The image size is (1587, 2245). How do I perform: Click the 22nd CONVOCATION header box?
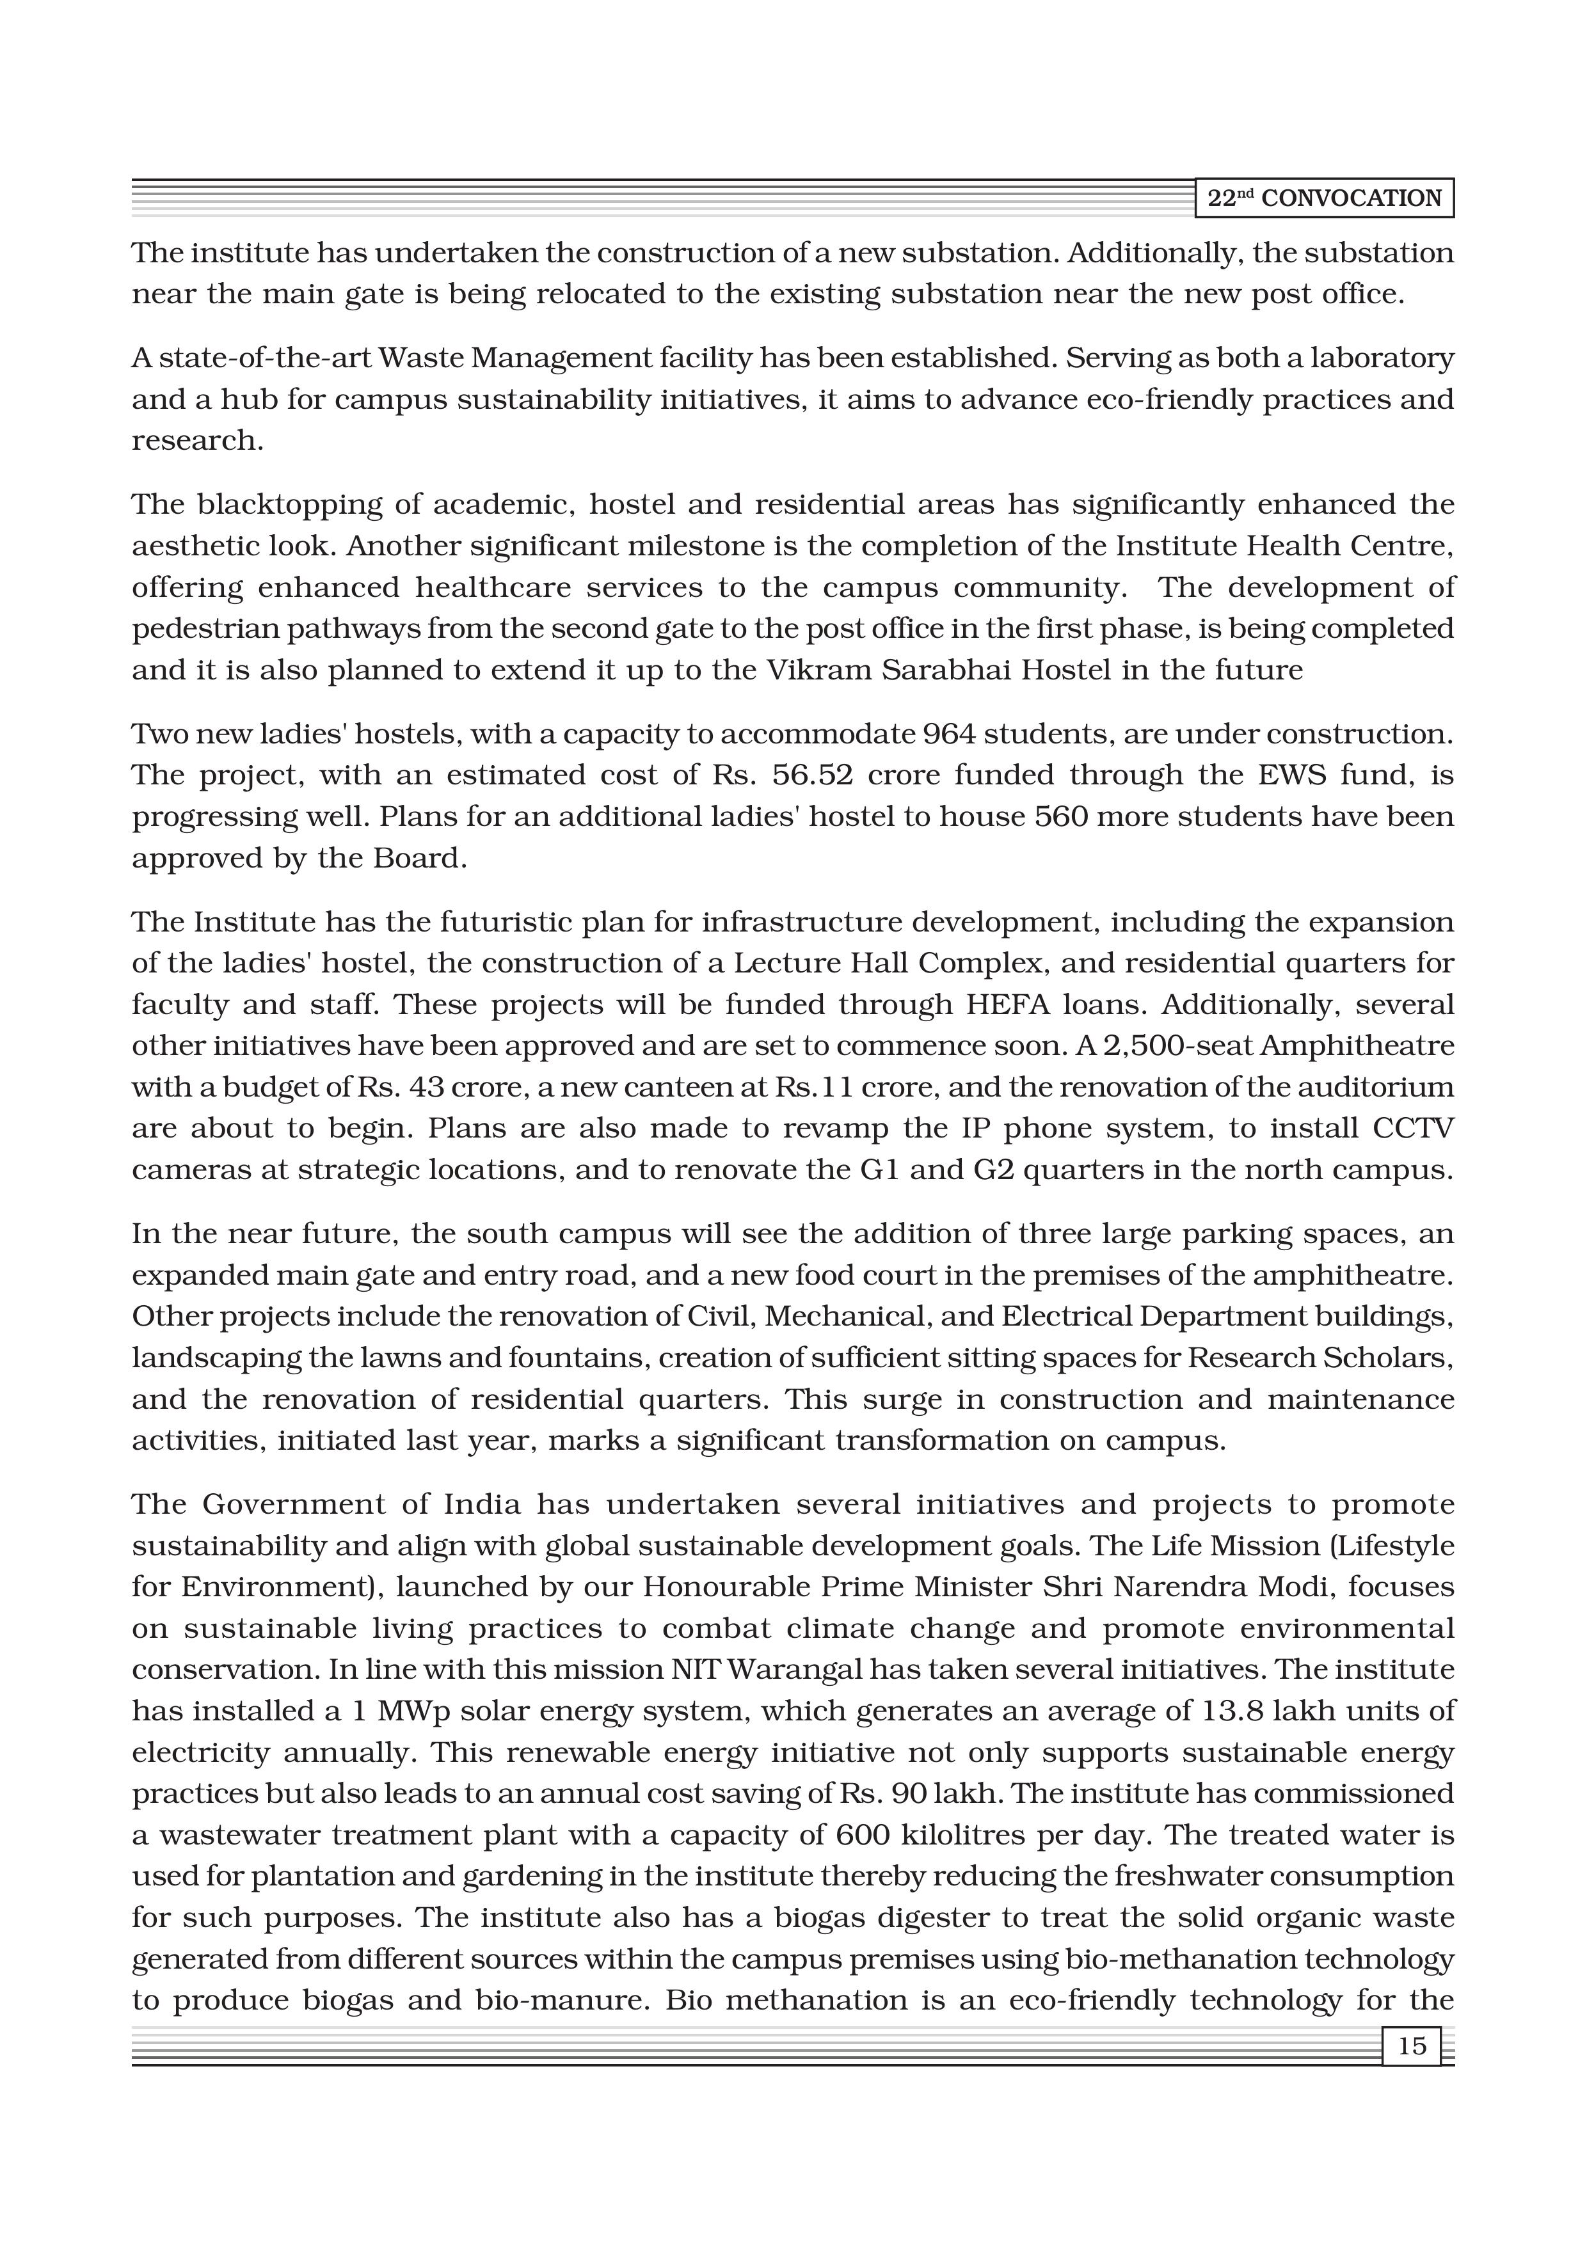pos(1324,198)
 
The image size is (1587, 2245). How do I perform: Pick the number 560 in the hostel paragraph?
pos(1061,816)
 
